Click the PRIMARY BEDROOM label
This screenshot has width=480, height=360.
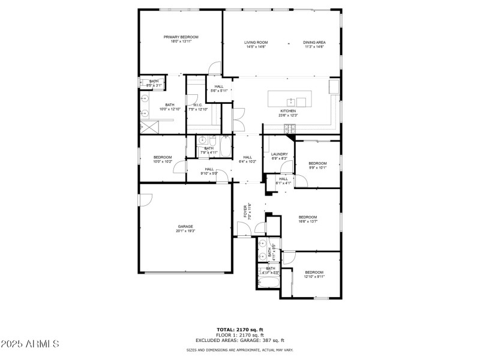(x=181, y=37)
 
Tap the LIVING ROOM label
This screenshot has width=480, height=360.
(x=256, y=43)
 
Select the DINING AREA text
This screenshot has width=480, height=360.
(x=314, y=43)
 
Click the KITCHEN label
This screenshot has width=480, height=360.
(x=288, y=112)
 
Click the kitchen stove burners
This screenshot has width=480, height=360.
(x=290, y=127)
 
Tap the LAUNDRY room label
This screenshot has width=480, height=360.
(x=280, y=154)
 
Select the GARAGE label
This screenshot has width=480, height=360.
(x=185, y=226)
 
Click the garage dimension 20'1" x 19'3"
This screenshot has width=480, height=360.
(x=185, y=231)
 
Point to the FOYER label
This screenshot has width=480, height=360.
(x=244, y=210)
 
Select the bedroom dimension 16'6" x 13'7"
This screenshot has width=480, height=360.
(x=308, y=221)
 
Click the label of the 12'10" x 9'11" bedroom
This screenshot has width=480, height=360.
(x=314, y=272)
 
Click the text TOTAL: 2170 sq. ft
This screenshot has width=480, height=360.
(x=240, y=329)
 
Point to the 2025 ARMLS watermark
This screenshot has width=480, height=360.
(x=30, y=344)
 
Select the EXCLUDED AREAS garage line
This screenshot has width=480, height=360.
(x=240, y=340)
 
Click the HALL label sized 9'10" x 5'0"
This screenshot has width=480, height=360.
(x=209, y=169)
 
